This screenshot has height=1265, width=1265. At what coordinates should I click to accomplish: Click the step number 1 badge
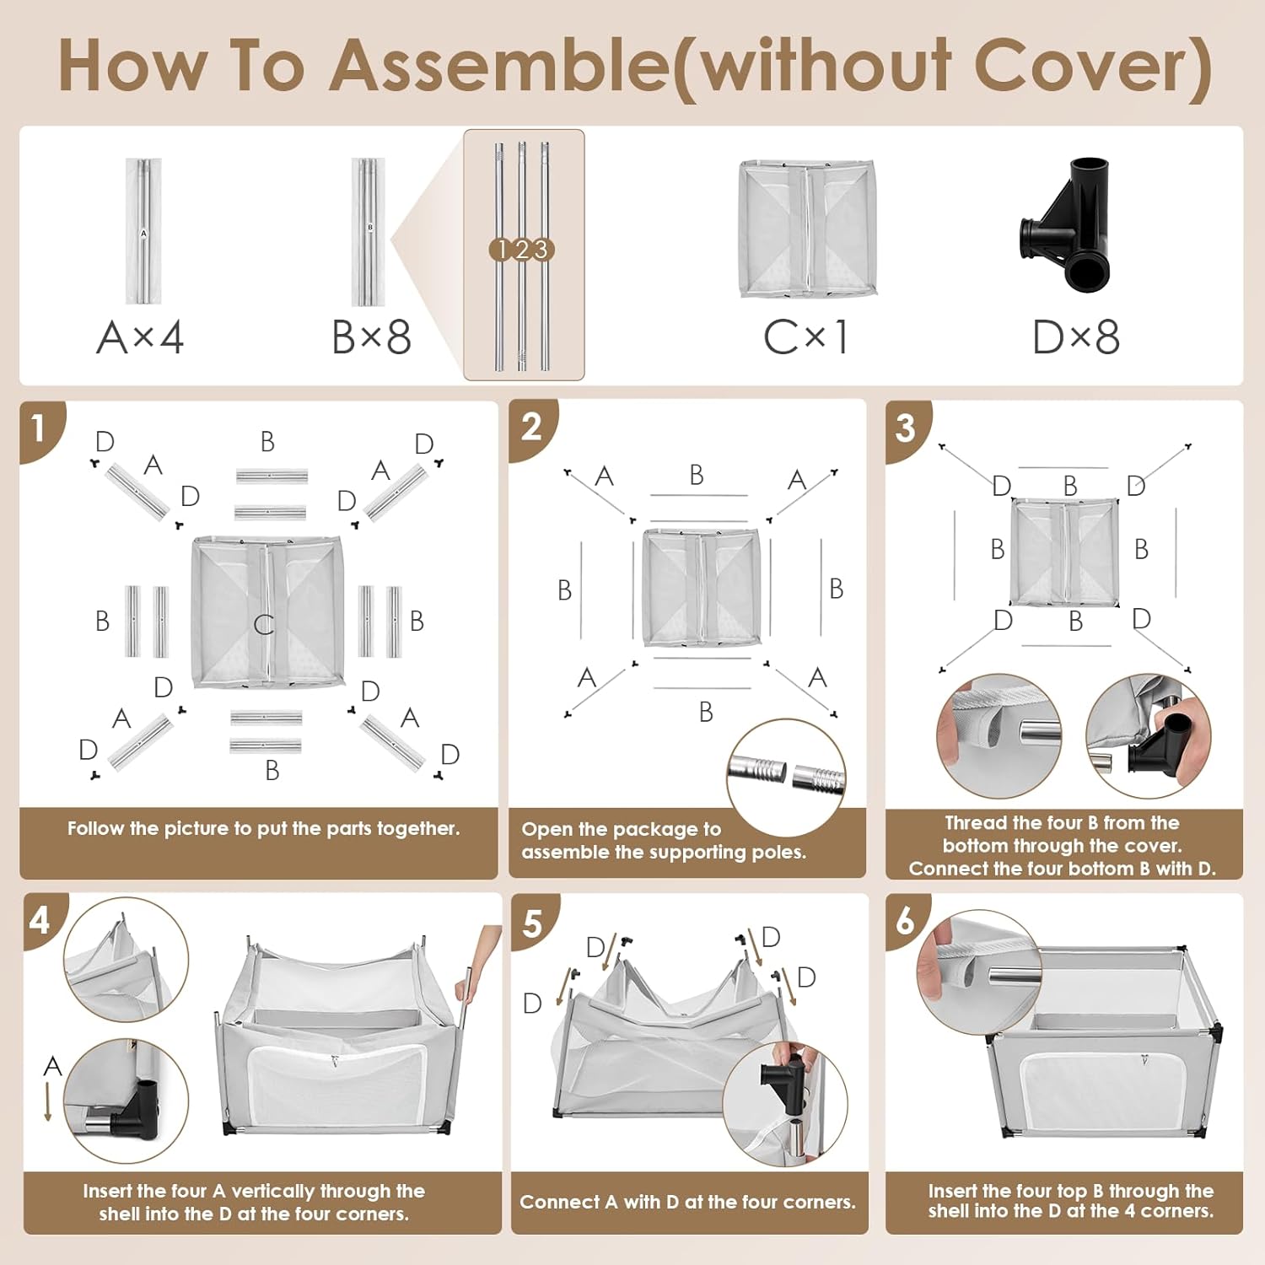click(x=39, y=428)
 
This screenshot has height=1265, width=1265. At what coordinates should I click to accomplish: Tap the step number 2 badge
click(x=531, y=428)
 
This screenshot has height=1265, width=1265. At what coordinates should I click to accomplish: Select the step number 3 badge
click(x=907, y=428)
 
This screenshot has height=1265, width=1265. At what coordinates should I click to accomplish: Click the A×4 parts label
click(x=140, y=337)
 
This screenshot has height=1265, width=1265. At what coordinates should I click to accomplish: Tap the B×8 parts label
click(x=371, y=337)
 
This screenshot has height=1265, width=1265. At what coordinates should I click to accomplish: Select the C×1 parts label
click(x=806, y=337)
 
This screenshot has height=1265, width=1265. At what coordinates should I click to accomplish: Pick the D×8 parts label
click(x=1076, y=337)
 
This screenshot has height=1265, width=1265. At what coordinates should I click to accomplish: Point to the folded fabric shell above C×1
click(x=808, y=228)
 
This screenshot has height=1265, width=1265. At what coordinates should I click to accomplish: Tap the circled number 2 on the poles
click(x=522, y=250)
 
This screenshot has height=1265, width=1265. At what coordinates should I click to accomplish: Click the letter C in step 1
click(x=264, y=624)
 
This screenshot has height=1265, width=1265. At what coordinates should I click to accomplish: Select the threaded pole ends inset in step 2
click(x=786, y=778)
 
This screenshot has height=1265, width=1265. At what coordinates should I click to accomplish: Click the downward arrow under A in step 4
click(x=48, y=1101)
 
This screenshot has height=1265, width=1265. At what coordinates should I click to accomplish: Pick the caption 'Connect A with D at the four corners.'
click(x=687, y=1202)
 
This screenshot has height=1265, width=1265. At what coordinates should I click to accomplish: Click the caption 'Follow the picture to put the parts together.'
click(x=264, y=828)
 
